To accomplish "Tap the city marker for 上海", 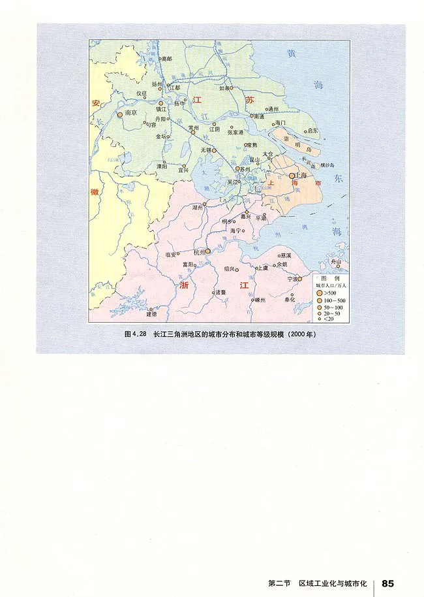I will point(292,176).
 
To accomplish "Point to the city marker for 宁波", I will point(301,279).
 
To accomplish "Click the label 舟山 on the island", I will point(336,261).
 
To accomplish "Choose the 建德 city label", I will point(151,314).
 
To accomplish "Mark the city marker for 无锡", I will point(214,150).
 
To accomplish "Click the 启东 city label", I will point(312,131).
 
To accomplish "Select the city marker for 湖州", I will point(204,204).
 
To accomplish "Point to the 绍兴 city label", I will point(229,268).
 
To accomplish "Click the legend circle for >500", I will point(320,294).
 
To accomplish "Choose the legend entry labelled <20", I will point(328,319).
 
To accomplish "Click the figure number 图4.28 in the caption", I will point(136,334).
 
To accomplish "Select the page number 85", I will point(388,564).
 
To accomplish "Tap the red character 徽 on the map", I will point(95,192).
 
